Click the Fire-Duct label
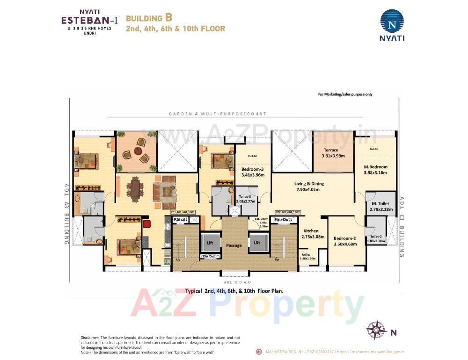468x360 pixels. tap(283, 219)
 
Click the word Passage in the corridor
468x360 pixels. tap(233, 245)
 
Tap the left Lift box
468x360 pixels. tap(210, 243)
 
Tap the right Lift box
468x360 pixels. tap(256, 243)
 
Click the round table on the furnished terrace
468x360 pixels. tap(137, 151)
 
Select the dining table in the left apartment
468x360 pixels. tap(136, 189)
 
